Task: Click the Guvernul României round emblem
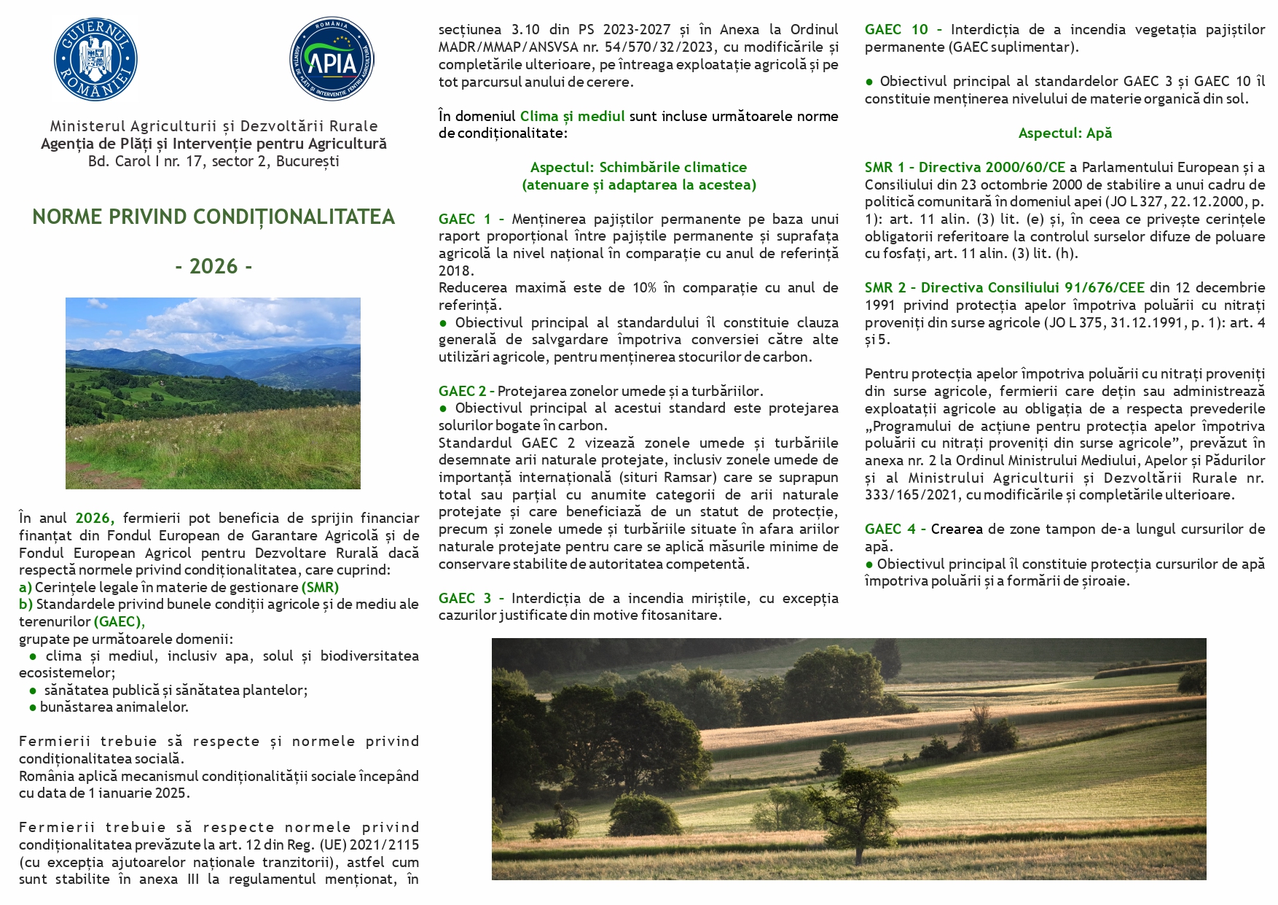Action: tap(95, 59)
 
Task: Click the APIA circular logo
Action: tap(332, 59)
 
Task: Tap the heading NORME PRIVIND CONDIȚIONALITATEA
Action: tap(213, 217)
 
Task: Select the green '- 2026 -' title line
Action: tap(213, 266)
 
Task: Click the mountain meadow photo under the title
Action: tap(213, 393)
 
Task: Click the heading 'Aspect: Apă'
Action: tap(1065, 133)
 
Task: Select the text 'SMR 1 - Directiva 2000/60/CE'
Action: tap(965, 167)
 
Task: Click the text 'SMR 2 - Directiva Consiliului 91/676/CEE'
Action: tap(1004, 287)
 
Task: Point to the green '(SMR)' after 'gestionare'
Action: tap(320, 587)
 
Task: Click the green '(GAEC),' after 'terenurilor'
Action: tap(119, 621)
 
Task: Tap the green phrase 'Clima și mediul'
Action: tap(572, 116)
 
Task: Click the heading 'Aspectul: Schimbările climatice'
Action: tap(638, 167)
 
